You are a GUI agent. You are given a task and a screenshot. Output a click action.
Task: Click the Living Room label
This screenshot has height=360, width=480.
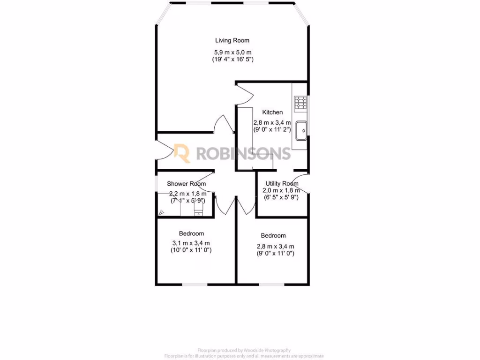(x=232, y=40)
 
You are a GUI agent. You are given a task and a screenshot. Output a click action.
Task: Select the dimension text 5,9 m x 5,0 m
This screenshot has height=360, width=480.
(x=232, y=52)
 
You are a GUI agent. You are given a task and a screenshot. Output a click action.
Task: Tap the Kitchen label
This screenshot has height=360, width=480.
(x=272, y=112)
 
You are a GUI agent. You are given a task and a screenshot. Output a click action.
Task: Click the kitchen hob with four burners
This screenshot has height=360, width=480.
(x=300, y=102)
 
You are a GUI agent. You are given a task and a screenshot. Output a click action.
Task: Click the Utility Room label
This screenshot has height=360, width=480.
(x=282, y=183)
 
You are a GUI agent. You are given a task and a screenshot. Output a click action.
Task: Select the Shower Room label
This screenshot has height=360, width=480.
(x=187, y=184)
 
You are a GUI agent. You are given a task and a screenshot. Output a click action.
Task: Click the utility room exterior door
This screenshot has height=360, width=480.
(x=303, y=183)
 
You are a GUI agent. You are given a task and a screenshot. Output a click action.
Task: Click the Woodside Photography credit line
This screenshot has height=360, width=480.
(x=244, y=350)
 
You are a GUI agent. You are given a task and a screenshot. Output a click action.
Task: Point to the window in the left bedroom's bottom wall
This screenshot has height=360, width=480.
(x=195, y=284)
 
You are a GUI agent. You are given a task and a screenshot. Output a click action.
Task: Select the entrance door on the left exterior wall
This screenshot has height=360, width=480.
(x=163, y=151)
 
